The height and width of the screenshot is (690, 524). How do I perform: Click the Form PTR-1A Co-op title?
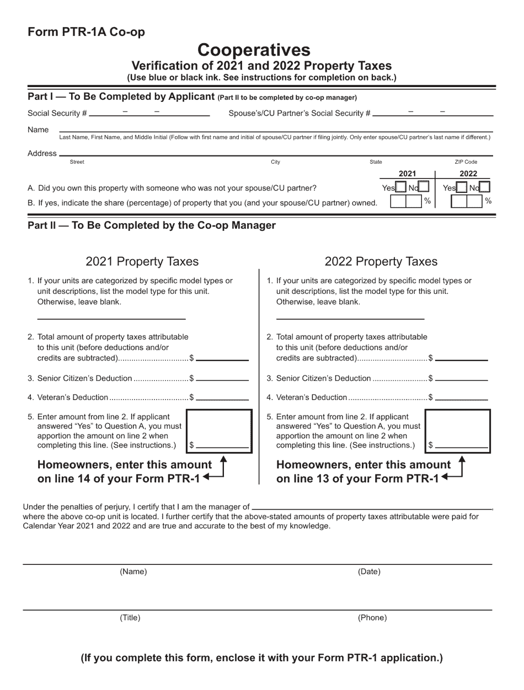coord(86,32)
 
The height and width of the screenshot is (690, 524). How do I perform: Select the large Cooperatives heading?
coord(254,50)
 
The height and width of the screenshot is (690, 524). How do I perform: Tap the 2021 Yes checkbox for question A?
coord(401,187)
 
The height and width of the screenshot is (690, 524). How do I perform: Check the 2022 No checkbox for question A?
coord(484,187)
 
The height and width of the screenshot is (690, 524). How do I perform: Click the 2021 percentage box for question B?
coord(406,202)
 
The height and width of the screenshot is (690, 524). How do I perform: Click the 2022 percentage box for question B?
coord(467,202)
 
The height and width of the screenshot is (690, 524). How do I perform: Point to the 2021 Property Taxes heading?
coord(142,261)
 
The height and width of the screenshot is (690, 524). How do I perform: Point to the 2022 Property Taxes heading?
coord(381,261)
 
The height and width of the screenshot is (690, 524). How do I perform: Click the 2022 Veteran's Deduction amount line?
coord(461,397)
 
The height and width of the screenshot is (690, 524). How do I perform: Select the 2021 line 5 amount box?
coord(219,430)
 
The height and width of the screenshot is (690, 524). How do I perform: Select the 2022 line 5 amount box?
coord(458,430)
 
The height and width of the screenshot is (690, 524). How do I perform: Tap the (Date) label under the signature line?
coord(369,572)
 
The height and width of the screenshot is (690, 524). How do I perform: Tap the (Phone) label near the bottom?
coord(372,618)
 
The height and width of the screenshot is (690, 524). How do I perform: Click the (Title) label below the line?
coord(130,618)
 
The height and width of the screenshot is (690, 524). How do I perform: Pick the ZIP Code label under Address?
coord(466,162)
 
